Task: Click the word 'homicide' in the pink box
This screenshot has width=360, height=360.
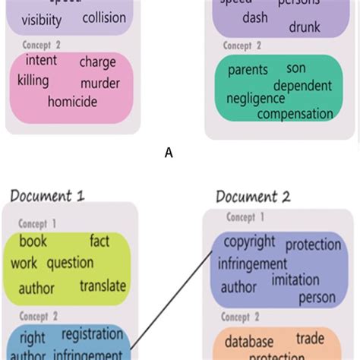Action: (x=72, y=101)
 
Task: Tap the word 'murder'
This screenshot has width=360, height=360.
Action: (x=100, y=81)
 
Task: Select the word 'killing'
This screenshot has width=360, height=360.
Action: (x=33, y=81)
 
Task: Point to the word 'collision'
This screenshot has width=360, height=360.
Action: (x=104, y=17)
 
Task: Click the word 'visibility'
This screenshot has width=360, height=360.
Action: (x=42, y=21)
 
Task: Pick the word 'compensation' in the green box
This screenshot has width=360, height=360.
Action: (x=295, y=115)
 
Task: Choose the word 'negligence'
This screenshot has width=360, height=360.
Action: (x=255, y=99)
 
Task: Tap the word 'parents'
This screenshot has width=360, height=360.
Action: (x=248, y=70)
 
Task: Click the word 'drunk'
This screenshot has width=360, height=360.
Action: (x=305, y=27)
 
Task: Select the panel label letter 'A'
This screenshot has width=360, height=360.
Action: (x=169, y=153)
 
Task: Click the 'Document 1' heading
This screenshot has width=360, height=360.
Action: (x=47, y=197)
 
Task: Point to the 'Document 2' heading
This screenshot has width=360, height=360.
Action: (x=253, y=197)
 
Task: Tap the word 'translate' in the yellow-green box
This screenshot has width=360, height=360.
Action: (x=103, y=286)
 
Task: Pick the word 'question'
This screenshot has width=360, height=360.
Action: (x=70, y=264)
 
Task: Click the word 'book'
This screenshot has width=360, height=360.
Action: (x=33, y=242)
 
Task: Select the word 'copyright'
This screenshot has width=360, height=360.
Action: (x=250, y=242)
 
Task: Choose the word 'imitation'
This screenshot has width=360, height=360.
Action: (x=295, y=279)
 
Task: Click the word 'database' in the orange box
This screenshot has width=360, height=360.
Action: (x=248, y=341)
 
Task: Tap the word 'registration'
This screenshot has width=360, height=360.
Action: (x=92, y=334)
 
